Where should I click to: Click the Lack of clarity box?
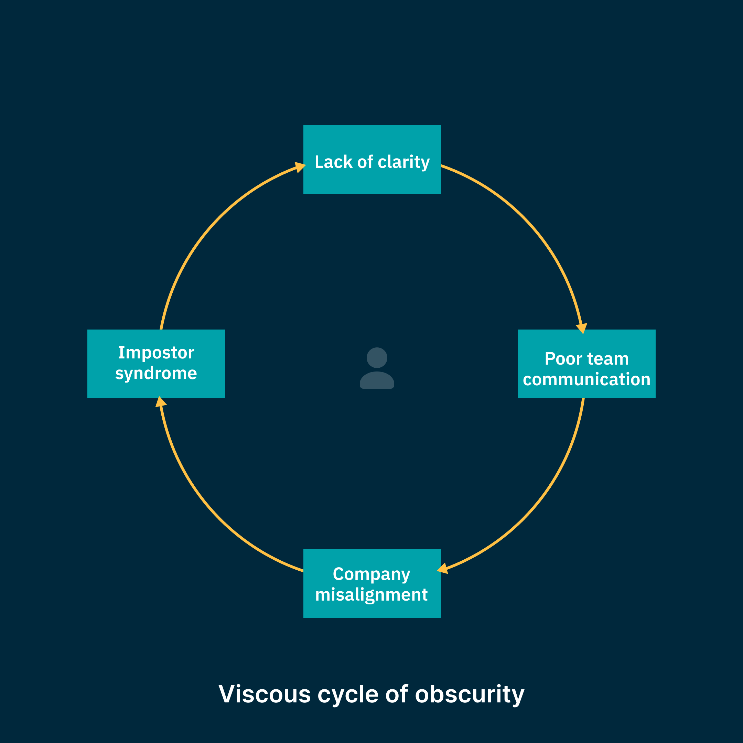pos(372,160)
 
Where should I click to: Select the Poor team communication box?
pos(586,364)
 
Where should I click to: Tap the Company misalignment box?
pos(372,583)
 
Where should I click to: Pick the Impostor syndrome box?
pos(156,364)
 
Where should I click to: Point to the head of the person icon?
pos(377,358)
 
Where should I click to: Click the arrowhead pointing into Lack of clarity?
pos(300,167)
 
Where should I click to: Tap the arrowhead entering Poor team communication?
pos(582,328)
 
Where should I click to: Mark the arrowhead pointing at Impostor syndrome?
pos(160,402)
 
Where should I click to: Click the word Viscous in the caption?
pos(265,694)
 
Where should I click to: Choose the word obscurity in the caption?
pos(470,694)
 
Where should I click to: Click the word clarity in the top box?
pos(403,162)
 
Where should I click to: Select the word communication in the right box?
pos(586,379)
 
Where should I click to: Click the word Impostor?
pos(156,353)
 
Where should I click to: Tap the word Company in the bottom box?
pos(371,574)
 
